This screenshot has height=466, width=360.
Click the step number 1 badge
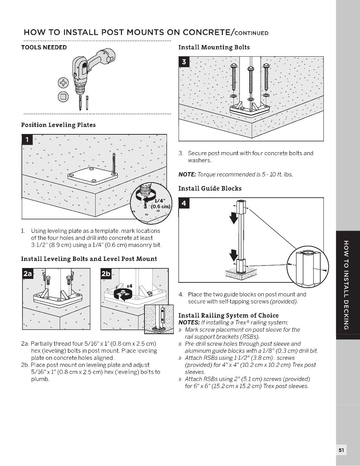(x=27, y=140)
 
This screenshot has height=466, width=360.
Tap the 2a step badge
(x=27, y=274)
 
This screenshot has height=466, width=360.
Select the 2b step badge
(x=106, y=274)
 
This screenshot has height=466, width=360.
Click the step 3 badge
(x=184, y=62)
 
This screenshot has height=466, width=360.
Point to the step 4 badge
(x=184, y=203)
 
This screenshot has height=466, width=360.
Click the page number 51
(x=341, y=450)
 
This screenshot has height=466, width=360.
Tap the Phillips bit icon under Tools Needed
(x=63, y=83)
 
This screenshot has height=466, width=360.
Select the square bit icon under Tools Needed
(x=63, y=97)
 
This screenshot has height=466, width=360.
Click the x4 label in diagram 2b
(x=129, y=286)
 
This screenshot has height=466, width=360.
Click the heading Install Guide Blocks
(x=210, y=189)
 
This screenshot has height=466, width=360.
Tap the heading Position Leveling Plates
(x=58, y=125)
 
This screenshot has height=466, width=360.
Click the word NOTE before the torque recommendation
(x=187, y=174)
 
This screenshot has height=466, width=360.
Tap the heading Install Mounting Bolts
(x=214, y=47)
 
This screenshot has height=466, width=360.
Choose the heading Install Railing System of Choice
(x=228, y=315)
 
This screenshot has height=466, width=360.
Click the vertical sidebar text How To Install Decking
(x=346, y=285)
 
